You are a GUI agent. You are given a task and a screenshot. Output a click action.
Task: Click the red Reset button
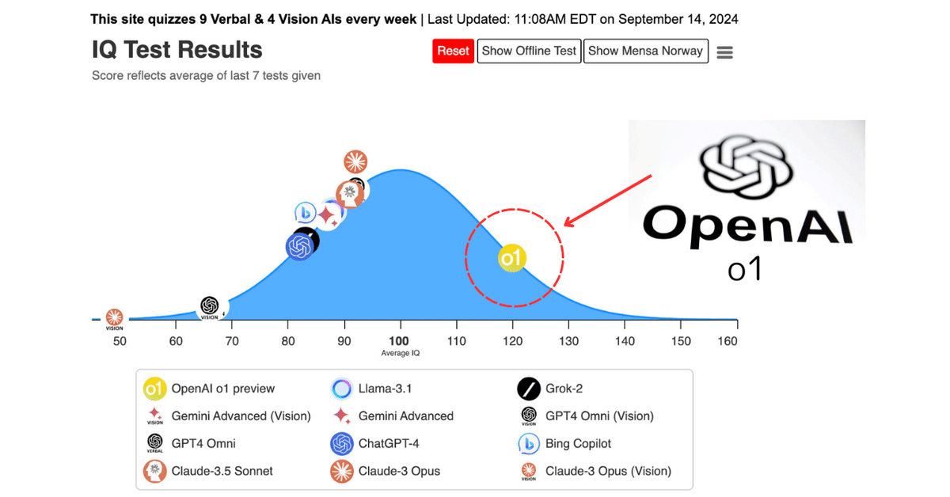click(x=453, y=51)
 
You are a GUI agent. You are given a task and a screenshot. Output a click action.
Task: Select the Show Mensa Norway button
click(x=645, y=51)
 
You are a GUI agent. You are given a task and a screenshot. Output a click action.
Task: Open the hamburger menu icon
click(x=724, y=52)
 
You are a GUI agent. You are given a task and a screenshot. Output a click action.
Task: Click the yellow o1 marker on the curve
click(x=512, y=258)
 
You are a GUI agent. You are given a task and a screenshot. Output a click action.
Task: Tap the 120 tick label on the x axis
click(x=512, y=341)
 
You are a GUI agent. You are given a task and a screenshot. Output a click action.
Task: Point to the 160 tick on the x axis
click(x=728, y=341)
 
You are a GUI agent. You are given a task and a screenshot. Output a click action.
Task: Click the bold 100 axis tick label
click(x=399, y=341)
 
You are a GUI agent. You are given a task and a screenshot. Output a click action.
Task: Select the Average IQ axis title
click(x=400, y=353)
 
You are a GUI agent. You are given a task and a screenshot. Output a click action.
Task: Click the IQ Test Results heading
click(x=177, y=50)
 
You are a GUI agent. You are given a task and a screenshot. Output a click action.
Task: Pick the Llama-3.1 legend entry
click(x=385, y=389)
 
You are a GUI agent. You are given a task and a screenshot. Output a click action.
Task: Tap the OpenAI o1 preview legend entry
click(x=222, y=389)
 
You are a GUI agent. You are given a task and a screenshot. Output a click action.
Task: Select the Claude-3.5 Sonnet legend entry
click(x=222, y=471)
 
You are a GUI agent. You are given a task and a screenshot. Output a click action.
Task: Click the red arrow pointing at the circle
click(x=608, y=199)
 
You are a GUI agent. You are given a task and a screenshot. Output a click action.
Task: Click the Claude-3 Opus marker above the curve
click(x=355, y=161)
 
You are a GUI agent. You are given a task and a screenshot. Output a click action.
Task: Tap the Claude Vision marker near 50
click(x=115, y=318)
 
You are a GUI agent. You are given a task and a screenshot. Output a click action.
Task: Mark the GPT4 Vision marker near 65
click(x=210, y=307)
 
